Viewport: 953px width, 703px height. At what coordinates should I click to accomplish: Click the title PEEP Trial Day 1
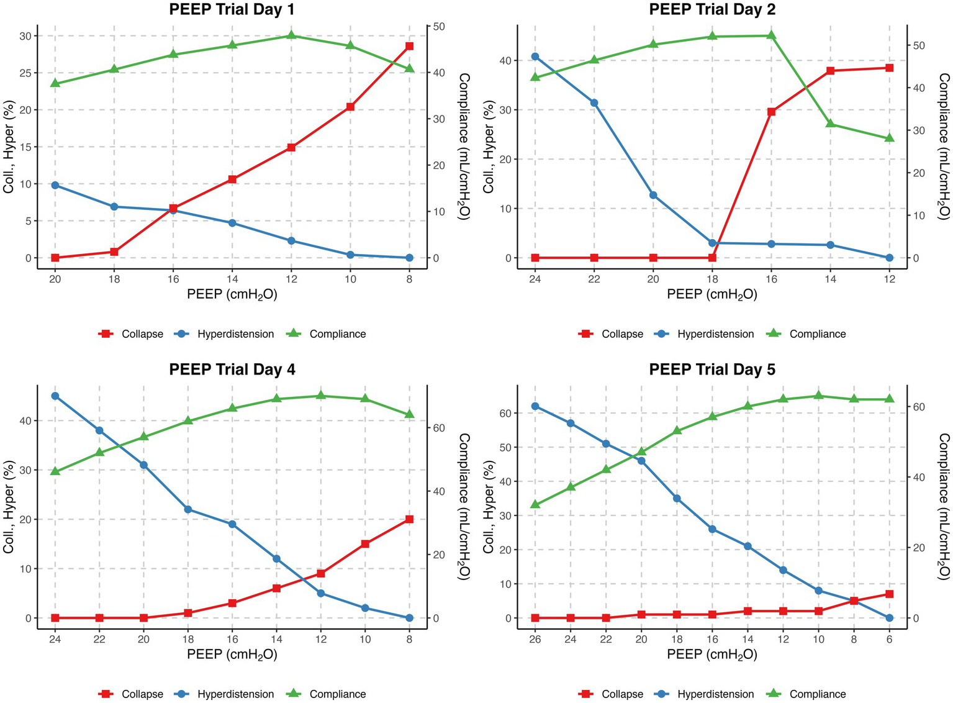232,9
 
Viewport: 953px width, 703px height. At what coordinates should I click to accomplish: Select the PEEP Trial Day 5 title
712,370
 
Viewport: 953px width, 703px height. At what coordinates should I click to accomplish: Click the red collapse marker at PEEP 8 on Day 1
409,46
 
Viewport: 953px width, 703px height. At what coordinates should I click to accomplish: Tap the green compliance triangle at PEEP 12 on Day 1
291,35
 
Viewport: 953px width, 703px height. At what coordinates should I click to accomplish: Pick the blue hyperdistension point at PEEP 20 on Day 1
55,185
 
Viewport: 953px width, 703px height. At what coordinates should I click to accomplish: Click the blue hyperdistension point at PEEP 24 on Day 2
535,57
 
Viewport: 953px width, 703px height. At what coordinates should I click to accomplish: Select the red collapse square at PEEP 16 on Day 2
771,112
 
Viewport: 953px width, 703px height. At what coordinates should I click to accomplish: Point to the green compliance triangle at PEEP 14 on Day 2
830,124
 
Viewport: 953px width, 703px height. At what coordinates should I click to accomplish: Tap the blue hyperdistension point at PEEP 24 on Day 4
55,396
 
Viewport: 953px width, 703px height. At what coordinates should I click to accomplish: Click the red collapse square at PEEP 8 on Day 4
409,519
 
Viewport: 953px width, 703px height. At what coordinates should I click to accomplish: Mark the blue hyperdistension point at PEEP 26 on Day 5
535,406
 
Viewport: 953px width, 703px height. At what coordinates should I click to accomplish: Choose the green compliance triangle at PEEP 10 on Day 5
818,396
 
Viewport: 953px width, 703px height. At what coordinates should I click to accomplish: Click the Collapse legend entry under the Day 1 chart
131,334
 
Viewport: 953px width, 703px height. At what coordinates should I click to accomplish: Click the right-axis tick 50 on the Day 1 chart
438,27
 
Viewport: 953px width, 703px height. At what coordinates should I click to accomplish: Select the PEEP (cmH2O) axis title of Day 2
712,294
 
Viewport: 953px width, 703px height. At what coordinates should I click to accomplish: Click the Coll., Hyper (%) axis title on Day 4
9,507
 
